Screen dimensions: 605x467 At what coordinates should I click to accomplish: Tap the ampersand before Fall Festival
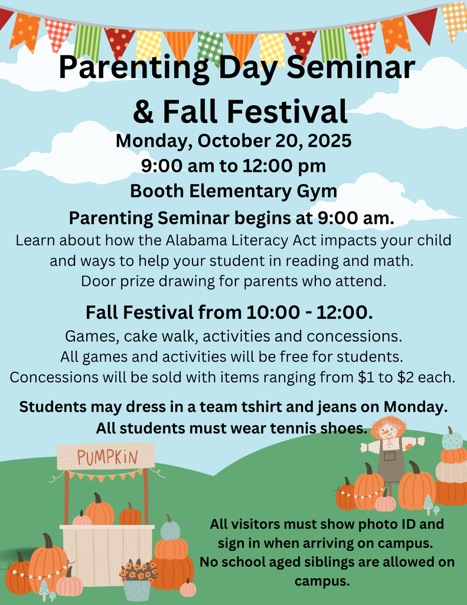[x=143, y=112]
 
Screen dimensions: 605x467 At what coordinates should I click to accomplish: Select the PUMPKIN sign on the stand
[x=106, y=457]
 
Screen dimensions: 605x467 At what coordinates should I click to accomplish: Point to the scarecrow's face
[x=388, y=431]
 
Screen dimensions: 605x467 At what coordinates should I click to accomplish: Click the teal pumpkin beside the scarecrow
[x=452, y=440]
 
